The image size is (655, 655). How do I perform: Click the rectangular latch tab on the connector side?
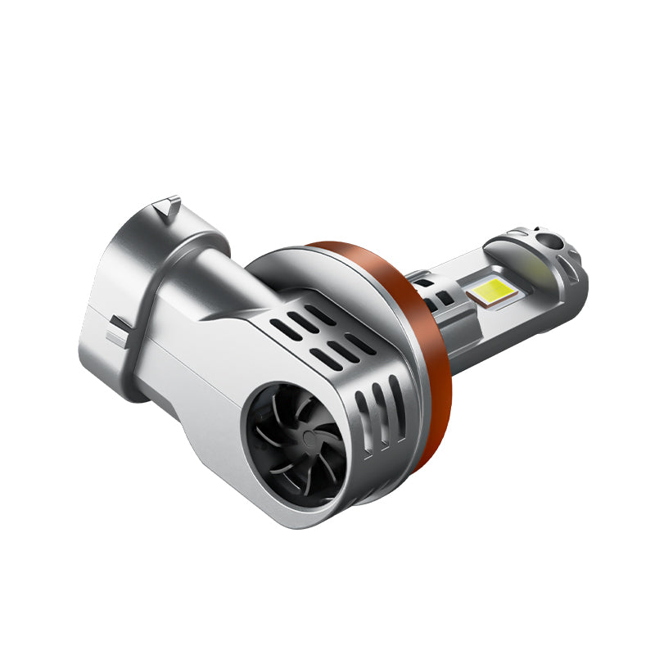[x=120, y=331]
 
